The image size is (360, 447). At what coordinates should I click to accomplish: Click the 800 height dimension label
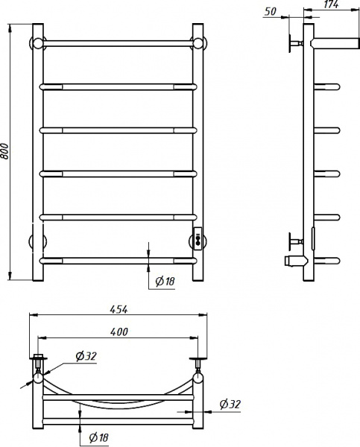[5, 151]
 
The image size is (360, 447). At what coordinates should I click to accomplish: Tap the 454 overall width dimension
[119, 309]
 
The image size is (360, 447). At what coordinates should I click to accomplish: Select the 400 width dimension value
[119, 332]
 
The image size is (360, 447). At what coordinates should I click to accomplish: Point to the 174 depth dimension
[331, 4]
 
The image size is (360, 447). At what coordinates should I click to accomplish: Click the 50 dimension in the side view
[271, 11]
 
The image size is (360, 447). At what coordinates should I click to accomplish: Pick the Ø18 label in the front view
[165, 282]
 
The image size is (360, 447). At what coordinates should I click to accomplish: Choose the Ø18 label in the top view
[98, 437]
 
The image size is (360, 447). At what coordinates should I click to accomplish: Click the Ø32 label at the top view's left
[86, 356]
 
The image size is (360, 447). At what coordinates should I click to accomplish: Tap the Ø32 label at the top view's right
[230, 405]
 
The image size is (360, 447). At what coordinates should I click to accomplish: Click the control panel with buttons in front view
[198, 239]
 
